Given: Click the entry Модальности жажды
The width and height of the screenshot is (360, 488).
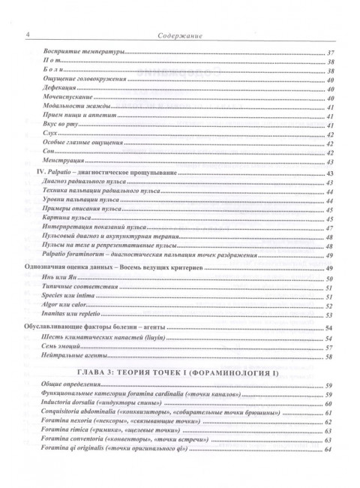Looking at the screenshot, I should pos(70,107).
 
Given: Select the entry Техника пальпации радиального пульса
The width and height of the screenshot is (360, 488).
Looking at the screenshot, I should pos(95,192).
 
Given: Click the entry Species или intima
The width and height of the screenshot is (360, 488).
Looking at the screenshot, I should pos(65,297).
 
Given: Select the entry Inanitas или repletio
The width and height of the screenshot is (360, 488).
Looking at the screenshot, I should pos(68,315).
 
